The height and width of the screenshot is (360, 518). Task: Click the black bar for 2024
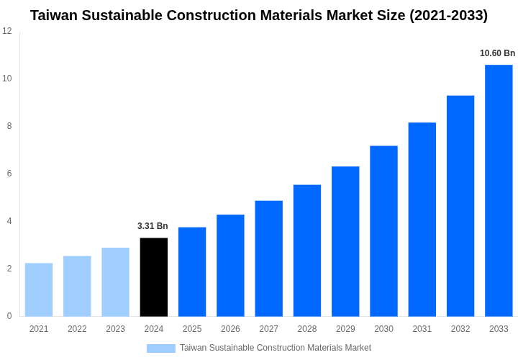(153, 277)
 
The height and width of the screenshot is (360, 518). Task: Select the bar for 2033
(499, 191)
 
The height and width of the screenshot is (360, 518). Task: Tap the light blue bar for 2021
(39, 289)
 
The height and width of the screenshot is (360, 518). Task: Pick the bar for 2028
(307, 251)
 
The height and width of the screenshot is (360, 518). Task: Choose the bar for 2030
(383, 231)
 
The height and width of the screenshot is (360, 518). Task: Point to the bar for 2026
(230, 266)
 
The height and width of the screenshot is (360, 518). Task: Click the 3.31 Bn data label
(153, 226)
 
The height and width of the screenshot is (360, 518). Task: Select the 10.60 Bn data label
(497, 53)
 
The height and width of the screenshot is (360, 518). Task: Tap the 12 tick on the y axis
(7, 31)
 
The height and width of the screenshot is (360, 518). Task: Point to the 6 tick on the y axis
(9, 174)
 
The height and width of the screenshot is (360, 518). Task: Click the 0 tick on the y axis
(9, 316)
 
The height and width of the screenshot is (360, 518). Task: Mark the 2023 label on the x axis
(115, 329)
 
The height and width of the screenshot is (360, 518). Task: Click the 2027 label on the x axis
(268, 329)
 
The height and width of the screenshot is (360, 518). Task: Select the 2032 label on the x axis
(460, 329)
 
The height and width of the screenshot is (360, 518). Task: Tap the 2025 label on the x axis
(192, 329)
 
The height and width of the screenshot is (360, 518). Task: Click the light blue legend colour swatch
(161, 348)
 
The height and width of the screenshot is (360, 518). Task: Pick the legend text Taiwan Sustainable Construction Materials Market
(276, 348)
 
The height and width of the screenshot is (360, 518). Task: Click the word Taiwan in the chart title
(55, 15)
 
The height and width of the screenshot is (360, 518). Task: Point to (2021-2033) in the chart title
(448, 15)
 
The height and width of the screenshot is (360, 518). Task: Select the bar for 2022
(77, 286)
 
